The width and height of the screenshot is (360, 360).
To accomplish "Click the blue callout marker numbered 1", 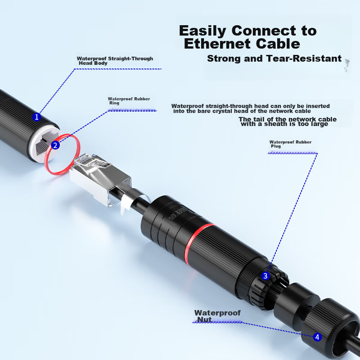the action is (36, 117).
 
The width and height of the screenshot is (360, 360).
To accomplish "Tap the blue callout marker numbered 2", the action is (55, 145).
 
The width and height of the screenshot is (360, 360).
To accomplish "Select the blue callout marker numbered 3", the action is (265, 276).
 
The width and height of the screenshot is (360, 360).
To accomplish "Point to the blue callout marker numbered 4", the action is (317, 337).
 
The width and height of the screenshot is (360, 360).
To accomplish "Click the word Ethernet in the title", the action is (217, 44).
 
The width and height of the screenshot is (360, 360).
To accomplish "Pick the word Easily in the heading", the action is (202, 31).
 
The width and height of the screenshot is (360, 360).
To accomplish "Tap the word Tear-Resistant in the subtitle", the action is (304, 58).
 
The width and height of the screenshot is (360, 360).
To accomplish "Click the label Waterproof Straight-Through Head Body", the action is (115, 61).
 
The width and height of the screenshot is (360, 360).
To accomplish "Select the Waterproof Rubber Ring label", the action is (129, 101).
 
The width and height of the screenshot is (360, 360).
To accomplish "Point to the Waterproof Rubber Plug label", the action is (290, 144).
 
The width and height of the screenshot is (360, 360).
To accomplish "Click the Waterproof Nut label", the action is (217, 316).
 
